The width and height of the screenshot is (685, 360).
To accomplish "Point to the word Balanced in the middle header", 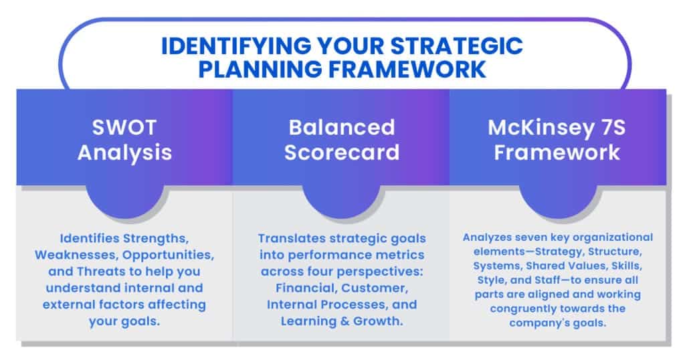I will (x=342, y=127).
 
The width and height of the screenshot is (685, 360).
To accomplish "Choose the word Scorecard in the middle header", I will (x=342, y=152).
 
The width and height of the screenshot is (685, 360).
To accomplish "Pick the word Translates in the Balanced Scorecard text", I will (x=290, y=238).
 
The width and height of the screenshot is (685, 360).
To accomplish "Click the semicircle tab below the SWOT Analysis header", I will (x=124, y=201).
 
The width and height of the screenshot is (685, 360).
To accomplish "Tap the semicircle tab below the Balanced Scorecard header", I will (x=342, y=201).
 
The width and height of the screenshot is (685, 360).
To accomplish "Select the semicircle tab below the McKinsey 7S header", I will (x=558, y=201).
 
